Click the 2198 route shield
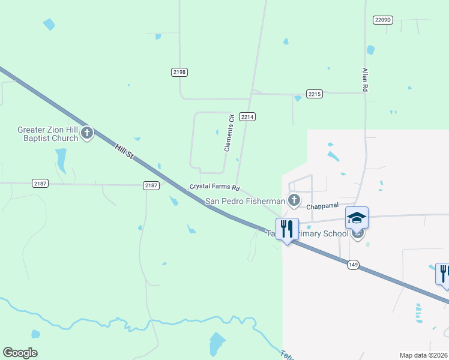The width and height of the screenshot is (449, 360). [179, 72]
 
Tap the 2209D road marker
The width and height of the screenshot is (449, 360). [382, 20]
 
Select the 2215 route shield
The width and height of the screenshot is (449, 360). [315, 94]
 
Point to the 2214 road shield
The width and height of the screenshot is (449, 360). [247, 116]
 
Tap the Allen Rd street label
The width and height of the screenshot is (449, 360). [364, 79]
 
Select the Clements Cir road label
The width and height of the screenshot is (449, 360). [228, 133]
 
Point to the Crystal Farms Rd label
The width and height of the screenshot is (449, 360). [214, 187]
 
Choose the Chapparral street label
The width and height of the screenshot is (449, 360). [323, 206]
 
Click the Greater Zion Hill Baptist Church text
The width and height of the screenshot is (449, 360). [48, 134]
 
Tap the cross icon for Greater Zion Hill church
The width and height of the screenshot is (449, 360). [87, 133]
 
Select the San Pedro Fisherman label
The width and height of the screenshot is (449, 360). [245, 201]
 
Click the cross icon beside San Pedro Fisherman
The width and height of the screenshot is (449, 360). [294, 200]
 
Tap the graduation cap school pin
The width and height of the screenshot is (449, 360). [357, 218]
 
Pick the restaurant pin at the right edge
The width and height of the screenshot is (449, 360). [444, 274]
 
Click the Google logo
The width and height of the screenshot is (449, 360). [20, 353]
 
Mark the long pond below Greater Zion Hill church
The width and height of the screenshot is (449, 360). [61, 160]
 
